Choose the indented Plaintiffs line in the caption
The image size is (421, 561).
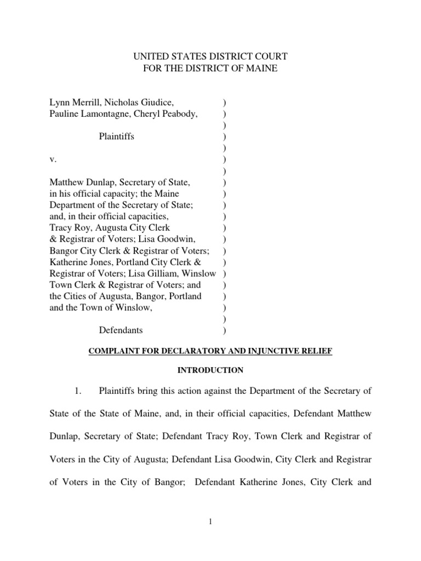tap(116, 136)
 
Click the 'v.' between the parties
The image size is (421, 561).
tap(53, 159)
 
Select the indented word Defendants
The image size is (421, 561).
tap(121, 330)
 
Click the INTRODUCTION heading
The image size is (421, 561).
tap(210, 370)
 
